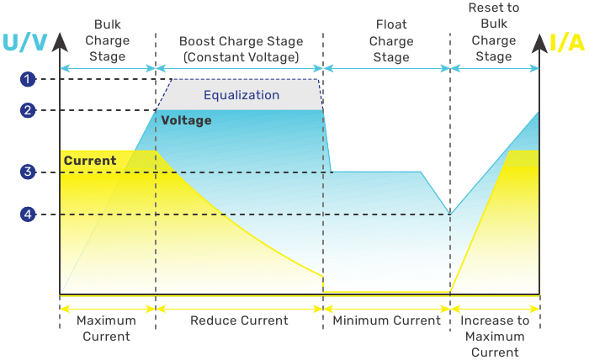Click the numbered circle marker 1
tap(28, 79)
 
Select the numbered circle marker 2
tap(28, 110)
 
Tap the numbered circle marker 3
tap(28, 172)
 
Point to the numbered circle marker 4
tap(28, 214)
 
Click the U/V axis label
tap(24, 42)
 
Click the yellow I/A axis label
tap(567, 42)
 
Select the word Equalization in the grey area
tap(241, 95)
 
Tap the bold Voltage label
tap(186, 120)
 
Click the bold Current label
tap(90, 161)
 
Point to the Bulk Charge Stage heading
tap(108, 40)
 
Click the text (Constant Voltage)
tap(241, 57)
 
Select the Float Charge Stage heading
tap(391, 40)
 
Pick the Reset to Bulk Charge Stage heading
tap(494, 32)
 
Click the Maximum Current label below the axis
tap(106, 328)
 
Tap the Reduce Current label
tap(239, 320)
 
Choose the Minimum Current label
tap(387, 320)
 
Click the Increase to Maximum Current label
tap(495, 336)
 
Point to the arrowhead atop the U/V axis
tap(60, 42)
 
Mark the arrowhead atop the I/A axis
tap(539, 43)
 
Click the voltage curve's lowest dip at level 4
tap(450, 214)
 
